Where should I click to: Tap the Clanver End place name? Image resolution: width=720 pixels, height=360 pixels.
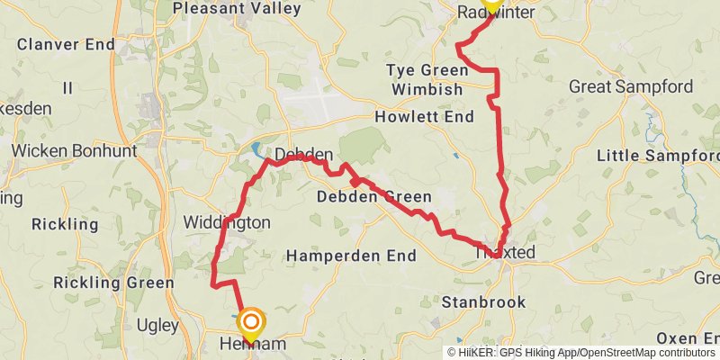point(66,44)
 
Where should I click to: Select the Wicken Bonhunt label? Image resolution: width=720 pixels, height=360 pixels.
point(74,150)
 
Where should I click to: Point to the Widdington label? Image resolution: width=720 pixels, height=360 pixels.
point(227,221)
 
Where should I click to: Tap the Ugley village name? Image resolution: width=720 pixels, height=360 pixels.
point(158,324)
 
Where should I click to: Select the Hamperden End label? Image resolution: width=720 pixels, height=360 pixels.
point(351,256)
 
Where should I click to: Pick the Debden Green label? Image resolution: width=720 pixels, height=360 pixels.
point(374,197)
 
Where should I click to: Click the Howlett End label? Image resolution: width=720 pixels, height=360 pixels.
point(425,117)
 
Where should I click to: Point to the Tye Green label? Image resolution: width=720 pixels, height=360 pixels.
point(424,70)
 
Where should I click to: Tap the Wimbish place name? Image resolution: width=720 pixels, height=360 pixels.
point(427,90)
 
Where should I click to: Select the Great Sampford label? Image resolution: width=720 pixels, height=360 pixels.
point(631,87)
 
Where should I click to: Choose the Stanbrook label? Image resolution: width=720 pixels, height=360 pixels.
point(483,302)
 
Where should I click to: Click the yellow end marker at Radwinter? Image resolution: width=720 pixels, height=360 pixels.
point(491,4)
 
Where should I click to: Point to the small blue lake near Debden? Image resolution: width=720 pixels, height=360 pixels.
point(256,148)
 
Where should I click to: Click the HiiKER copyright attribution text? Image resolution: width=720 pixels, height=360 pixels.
point(580,353)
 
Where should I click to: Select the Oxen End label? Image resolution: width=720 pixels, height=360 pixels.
point(688,337)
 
